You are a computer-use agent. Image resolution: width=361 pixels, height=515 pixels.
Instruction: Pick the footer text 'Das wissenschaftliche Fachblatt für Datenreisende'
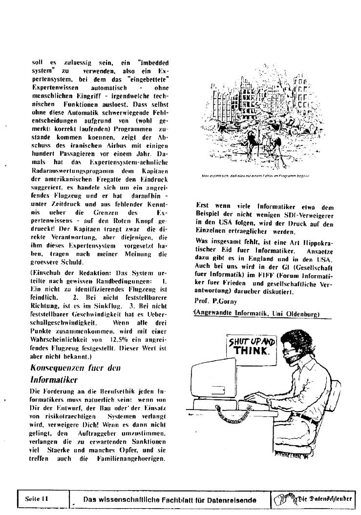click(170, 499)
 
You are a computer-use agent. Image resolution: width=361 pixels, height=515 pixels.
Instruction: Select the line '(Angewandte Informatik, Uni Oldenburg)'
click(257, 314)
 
